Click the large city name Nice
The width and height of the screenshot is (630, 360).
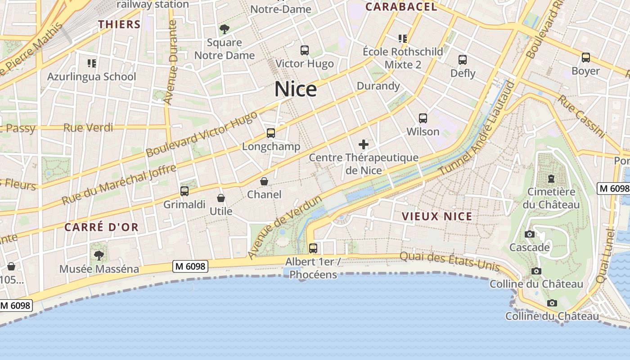[296, 89]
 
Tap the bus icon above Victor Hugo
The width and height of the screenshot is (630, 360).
[305, 50]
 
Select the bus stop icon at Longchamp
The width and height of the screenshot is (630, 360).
[270, 133]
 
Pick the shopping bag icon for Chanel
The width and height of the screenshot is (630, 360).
[264, 181]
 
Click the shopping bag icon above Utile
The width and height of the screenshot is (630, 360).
[221, 198]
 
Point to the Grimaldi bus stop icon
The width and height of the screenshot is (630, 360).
[184, 191]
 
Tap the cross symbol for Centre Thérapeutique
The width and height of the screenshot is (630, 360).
[364, 144]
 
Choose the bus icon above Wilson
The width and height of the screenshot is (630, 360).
[423, 118]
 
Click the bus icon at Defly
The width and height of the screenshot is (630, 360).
[463, 59]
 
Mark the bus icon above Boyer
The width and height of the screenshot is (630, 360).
[585, 58]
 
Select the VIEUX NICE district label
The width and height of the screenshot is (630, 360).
[437, 216]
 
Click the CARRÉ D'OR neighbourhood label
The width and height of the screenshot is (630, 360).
[101, 227]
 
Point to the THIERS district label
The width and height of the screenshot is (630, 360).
[120, 24]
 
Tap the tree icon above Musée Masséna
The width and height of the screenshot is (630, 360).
[99, 256]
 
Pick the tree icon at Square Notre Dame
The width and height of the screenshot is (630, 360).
[224, 29]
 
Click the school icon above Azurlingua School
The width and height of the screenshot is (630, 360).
[92, 63]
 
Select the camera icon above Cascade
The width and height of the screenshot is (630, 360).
[529, 234]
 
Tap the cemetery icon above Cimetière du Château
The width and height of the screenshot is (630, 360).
[551, 179]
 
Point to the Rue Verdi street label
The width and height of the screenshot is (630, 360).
[88, 128]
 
